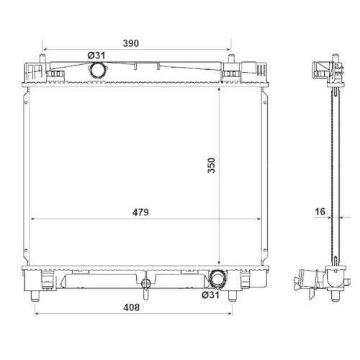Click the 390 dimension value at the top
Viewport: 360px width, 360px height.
coord(131,43)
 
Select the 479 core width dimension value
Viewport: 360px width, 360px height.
coord(140,212)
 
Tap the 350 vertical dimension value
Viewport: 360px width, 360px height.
coord(212,166)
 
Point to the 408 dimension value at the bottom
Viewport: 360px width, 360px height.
coord(131,307)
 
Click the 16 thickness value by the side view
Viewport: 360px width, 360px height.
coord(320,212)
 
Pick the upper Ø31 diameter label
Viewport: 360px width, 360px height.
coord(96,55)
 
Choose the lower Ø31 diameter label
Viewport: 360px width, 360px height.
coord(210,294)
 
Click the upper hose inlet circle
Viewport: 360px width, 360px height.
coord(97,70)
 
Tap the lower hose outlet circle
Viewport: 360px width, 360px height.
coord(217,279)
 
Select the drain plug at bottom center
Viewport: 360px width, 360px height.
coord(145,286)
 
